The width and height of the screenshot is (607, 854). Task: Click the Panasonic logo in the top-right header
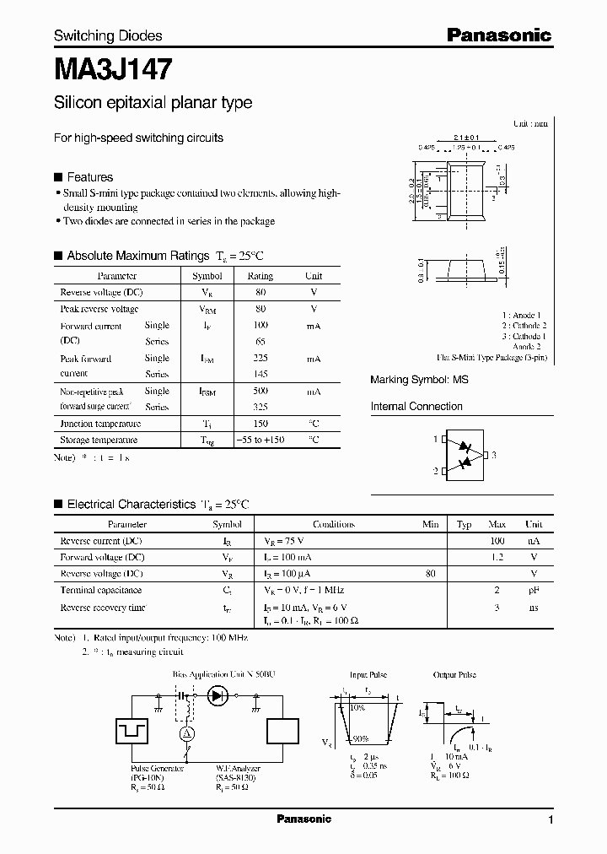498,35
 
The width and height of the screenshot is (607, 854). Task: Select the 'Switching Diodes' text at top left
108,35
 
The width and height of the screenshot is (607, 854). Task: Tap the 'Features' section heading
89,177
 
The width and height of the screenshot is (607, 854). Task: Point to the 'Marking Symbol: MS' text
419,381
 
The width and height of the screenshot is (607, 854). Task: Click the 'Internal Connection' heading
416,407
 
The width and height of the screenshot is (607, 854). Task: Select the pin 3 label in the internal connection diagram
494,455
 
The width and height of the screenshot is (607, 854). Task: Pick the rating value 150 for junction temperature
260,424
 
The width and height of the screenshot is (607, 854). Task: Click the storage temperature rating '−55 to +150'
260,440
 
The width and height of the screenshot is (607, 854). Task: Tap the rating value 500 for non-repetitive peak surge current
260,392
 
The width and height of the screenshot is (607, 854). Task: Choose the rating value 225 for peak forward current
260,359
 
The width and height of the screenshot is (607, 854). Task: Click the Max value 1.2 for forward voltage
497,558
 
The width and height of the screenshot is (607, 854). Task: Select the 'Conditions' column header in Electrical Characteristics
333,524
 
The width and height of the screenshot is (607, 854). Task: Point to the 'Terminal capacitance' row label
100,591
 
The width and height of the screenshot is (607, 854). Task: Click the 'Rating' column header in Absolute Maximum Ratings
260,276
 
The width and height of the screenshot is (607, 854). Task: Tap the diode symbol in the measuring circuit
219,695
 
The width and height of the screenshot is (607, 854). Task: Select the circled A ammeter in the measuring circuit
187,734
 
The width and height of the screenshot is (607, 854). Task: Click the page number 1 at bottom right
551,820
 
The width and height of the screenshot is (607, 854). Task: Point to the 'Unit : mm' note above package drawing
530,123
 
